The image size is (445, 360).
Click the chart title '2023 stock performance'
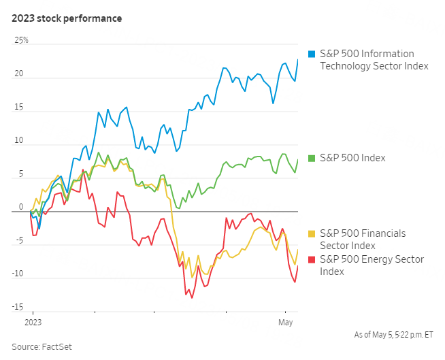[67, 18]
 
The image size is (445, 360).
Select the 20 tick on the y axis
[18, 74]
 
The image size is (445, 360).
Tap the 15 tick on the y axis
[18, 108]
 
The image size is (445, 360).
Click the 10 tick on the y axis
[18, 142]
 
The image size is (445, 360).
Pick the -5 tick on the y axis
[19, 240]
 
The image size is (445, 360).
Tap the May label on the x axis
[284, 320]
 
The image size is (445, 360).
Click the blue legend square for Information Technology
[312, 54]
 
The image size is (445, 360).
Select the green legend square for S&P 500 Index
[312, 158]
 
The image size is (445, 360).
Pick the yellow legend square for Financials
[312, 233]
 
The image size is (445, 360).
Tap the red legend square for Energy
[312, 259]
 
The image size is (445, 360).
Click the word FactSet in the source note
[57, 347]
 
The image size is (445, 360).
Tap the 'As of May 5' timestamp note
[394, 335]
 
